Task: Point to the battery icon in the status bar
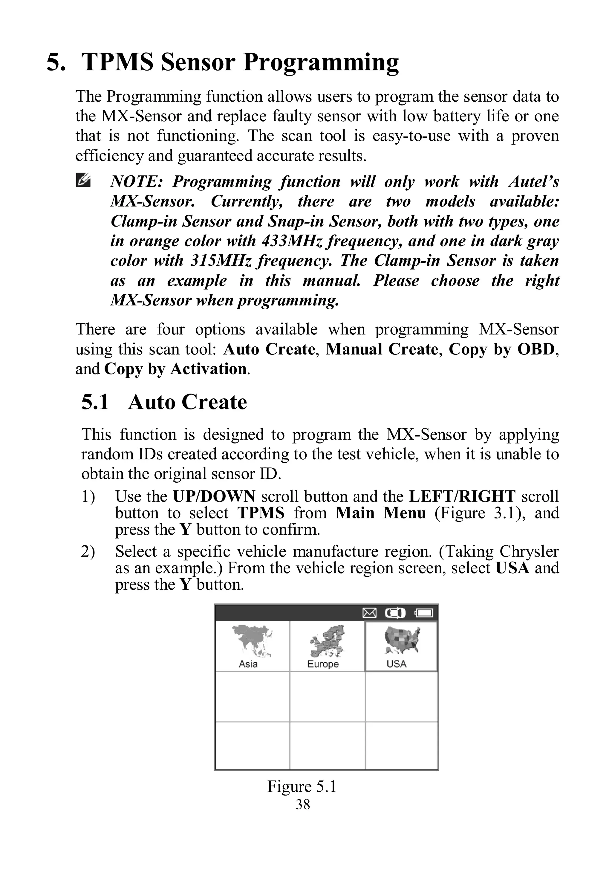(x=424, y=614)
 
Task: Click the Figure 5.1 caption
(x=302, y=786)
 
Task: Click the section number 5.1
(x=95, y=402)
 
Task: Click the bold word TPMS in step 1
(x=261, y=513)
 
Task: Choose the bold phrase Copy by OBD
(x=501, y=349)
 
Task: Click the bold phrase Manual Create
(x=382, y=349)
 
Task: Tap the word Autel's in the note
(x=533, y=181)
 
